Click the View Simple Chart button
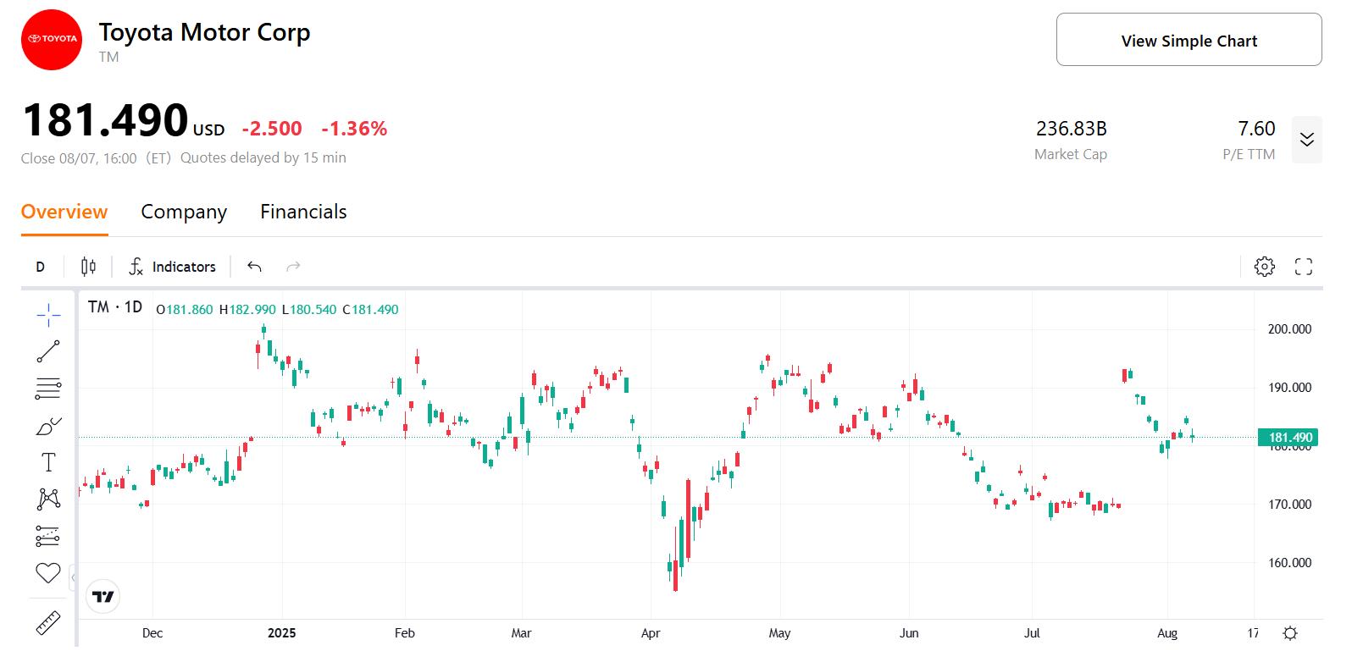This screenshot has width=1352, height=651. [1188, 41]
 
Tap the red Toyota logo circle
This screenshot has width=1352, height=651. [52, 39]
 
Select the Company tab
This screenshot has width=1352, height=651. [184, 212]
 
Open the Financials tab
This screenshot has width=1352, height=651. [303, 212]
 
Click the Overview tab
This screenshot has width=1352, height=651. [64, 212]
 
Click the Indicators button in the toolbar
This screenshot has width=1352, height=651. [172, 267]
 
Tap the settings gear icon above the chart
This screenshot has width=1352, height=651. [1264, 267]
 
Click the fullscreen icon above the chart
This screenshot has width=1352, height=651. [1304, 267]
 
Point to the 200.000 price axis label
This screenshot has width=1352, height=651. [1289, 329]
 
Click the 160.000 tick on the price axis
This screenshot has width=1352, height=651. [1289, 563]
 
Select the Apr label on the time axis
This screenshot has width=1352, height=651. [651, 633]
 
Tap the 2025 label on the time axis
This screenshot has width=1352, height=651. [281, 633]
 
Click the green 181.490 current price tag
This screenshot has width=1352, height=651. [1289, 438]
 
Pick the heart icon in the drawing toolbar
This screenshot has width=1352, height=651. [48, 573]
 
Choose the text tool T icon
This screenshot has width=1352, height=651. [48, 462]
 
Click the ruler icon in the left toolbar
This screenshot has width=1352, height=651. [48, 624]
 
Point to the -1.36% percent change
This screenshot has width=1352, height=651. [354, 129]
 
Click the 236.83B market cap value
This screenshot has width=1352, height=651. [1071, 129]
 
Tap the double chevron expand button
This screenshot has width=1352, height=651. [1306, 140]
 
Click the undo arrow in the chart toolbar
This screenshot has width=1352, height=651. [254, 267]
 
